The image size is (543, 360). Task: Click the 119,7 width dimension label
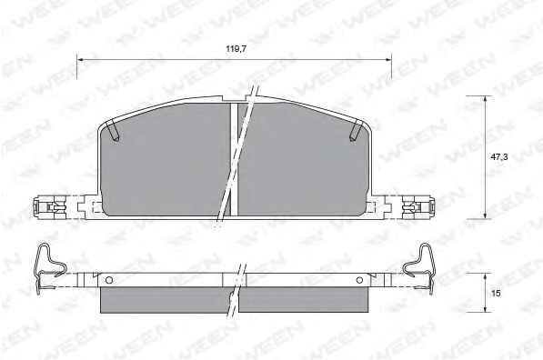[x=236, y=49]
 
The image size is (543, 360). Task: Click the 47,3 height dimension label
[x=499, y=156]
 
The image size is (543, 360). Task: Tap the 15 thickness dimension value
[x=496, y=293]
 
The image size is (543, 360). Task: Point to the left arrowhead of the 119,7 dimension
[x=81, y=60]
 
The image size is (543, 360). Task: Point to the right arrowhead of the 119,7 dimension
[x=387, y=60]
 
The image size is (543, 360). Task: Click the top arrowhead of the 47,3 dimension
[x=485, y=99]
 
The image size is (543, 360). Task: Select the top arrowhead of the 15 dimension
[x=485, y=276]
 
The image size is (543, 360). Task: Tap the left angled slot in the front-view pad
[x=114, y=130]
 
